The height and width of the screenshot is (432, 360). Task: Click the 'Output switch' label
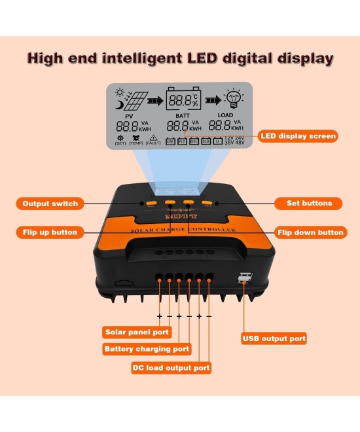coord(50,204)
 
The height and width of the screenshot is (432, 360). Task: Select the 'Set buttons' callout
coord(309,204)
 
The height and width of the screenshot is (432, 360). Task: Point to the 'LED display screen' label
coord(298,136)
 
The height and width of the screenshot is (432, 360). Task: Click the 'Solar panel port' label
coord(137,332)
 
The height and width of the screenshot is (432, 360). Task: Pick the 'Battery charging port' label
coord(147,350)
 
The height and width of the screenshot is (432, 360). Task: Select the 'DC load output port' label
coord(171,368)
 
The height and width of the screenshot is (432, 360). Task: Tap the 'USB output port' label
coord(274,338)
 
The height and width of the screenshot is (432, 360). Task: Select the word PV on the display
coord(129,116)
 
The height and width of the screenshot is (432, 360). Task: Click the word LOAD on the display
coord(225,116)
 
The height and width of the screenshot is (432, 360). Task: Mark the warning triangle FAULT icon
coord(153,138)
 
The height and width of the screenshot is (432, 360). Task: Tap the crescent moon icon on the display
coord(119,103)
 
